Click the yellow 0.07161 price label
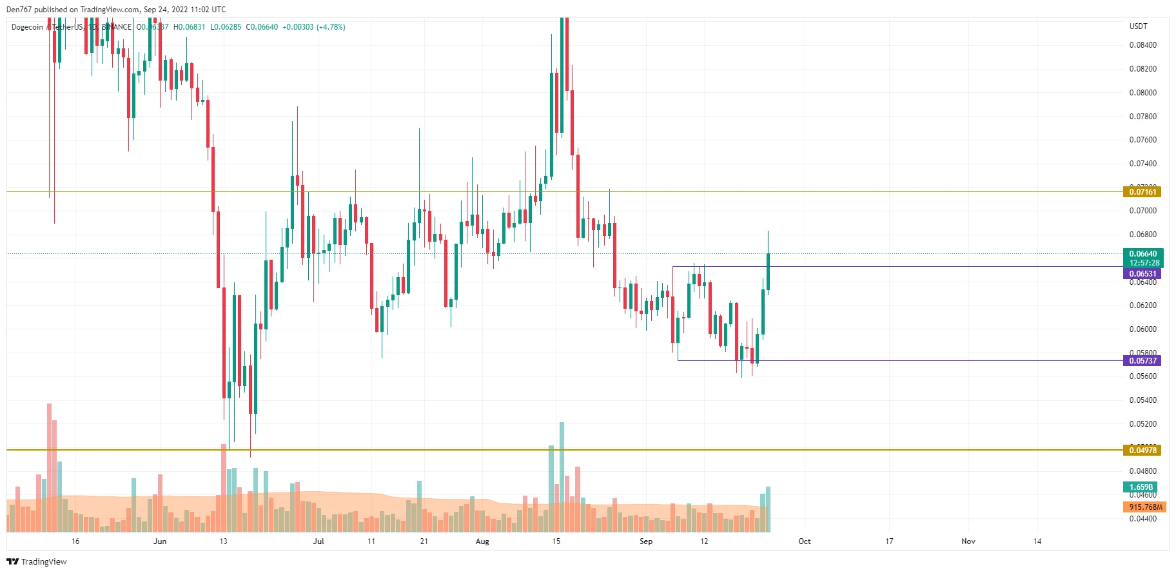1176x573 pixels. click(1142, 191)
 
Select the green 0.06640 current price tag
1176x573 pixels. click(1143, 254)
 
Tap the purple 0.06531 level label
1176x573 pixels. click(1142, 274)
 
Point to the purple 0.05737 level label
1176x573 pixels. click(1142, 361)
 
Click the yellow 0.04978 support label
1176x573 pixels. click(1142, 451)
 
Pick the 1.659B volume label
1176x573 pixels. click(1141, 487)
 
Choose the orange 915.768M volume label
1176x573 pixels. click(1145, 507)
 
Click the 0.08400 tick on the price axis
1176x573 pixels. click(1142, 45)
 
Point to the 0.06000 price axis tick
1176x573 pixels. click(1142, 329)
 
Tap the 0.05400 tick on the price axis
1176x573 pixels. click(1142, 400)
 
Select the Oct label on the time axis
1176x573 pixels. click(804, 541)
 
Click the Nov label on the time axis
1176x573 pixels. click(968, 541)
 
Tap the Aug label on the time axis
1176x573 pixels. click(482, 541)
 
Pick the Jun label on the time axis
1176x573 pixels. click(160, 541)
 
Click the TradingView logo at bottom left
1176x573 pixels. click(37, 562)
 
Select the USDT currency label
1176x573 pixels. click(1138, 26)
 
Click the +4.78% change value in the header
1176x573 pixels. click(331, 27)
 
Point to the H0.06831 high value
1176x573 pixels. click(189, 27)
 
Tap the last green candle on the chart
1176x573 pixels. click(768, 271)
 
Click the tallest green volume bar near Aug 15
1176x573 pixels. click(562, 477)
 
